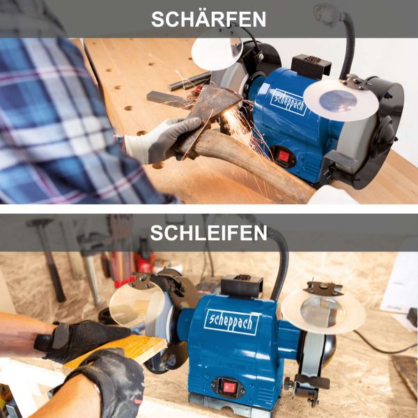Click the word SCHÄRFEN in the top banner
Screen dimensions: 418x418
tap(208, 19)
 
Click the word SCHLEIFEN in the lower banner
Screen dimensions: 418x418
tap(208, 233)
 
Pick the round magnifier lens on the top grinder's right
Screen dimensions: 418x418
tap(340, 99)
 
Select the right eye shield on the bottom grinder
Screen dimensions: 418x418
tap(323, 310)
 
